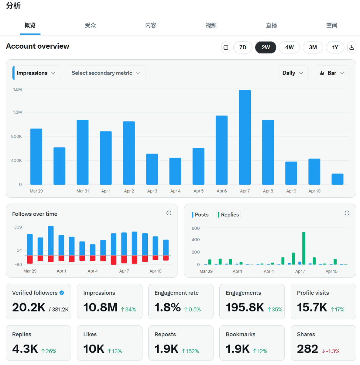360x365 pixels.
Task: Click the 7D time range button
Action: click(243, 47)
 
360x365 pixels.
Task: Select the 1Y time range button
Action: click(335, 47)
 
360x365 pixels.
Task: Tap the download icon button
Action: click(351, 47)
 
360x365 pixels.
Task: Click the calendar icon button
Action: click(226, 47)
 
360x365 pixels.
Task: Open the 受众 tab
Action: click(90, 25)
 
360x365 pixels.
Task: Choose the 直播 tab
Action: click(271, 25)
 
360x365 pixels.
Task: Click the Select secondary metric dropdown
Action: click(106, 73)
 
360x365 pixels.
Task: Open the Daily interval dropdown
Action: click(293, 73)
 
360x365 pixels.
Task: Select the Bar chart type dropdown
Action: click(332, 73)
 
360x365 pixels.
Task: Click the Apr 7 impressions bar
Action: click(245, 137)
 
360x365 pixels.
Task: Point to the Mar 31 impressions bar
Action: click(83, 152)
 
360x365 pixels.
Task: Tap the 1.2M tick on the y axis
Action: click(17, 112)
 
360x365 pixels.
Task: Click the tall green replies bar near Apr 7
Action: click(303, 248)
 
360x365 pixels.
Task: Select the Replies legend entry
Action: click(228, 215)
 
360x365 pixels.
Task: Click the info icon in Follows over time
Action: click(169, 213)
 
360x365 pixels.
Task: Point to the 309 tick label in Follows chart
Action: click(18, 227)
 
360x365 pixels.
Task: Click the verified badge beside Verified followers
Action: click(62, 293)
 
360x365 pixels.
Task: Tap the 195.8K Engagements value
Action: click(245, 308)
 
